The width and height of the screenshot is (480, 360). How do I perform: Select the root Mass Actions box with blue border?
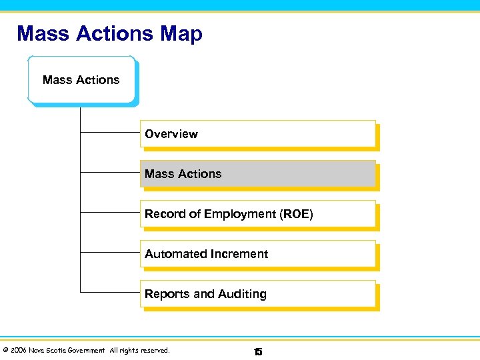point(81,80)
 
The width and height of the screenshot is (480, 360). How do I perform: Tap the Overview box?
point(258,134)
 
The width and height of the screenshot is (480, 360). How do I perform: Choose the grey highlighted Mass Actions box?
point(258,174)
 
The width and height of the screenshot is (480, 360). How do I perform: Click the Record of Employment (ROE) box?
point(258,214)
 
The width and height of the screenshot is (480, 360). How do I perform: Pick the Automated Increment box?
point(258,254)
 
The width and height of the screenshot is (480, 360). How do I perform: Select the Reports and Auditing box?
point(258,294)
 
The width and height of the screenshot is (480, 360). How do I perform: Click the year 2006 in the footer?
point(18,351)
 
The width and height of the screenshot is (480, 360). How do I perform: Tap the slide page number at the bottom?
point(258,351)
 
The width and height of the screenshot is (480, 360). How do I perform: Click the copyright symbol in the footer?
point(5,351)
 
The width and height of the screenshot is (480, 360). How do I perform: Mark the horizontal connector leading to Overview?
point(110,133)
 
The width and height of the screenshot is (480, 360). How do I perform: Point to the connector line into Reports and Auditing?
point(110,292)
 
